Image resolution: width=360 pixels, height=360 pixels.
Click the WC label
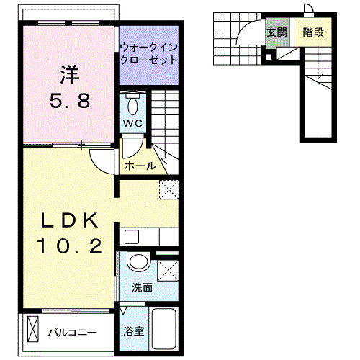click(x=133, y=124)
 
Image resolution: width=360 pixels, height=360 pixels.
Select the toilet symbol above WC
click(x=133, y=105)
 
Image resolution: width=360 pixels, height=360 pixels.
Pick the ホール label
click(x=140, y=166)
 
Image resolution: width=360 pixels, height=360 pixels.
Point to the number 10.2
click(x=69, y=248)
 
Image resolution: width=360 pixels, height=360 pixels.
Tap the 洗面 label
click(x=142, y=287)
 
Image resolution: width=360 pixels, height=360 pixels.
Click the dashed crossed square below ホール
click(x=168, y=189)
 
